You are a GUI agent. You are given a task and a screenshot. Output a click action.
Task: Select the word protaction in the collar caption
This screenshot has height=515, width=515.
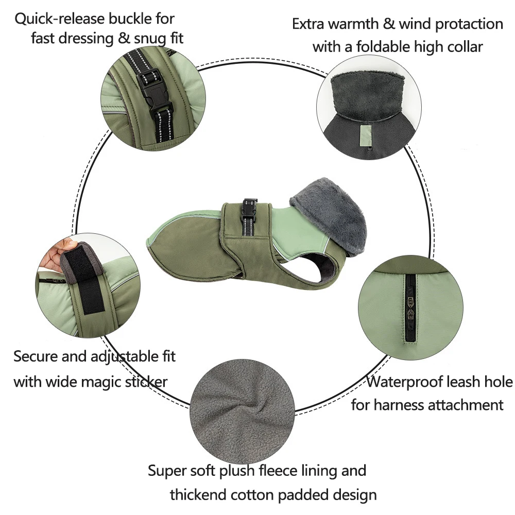click(x=469, y=25)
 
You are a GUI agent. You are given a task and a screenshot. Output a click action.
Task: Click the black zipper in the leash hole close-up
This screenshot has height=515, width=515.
click(x=410, y=308)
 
